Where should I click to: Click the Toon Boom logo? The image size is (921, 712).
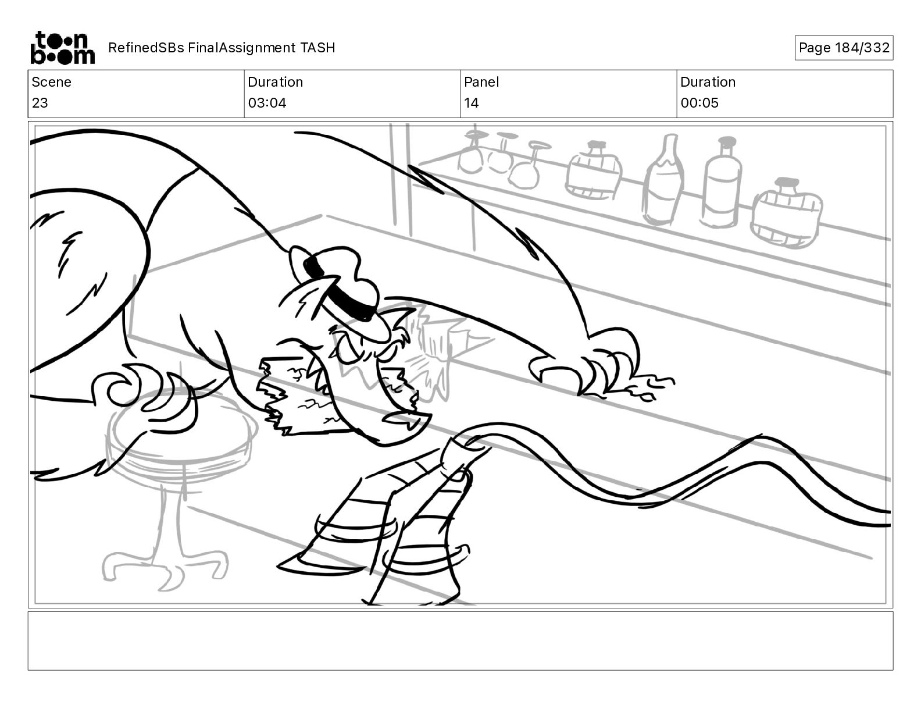tap(63, 48)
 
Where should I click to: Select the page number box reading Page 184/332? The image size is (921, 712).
tap(844, 48)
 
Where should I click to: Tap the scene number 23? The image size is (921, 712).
tap(40, 103)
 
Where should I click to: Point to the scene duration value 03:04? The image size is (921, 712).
tap(267, 103)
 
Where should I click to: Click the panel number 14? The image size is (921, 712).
tap(472, 103)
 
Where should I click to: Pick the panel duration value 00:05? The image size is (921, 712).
tap(699, 103)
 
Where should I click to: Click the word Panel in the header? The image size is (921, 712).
tap(481, 82)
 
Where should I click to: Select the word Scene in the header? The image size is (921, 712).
tap(51, 82)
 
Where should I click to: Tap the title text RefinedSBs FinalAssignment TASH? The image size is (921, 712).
tap(222, 48)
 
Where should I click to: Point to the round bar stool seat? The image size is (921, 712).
tap(182, 428)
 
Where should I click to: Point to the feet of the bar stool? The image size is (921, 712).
tap(165, 568)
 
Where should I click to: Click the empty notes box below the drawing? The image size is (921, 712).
tap(460, 641)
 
